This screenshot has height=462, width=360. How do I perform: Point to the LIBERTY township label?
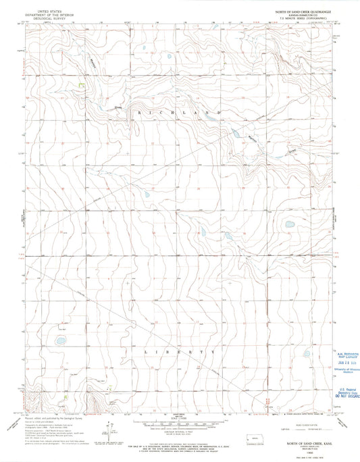click(179, 353)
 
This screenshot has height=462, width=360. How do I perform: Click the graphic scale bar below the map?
click(180, 425)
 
